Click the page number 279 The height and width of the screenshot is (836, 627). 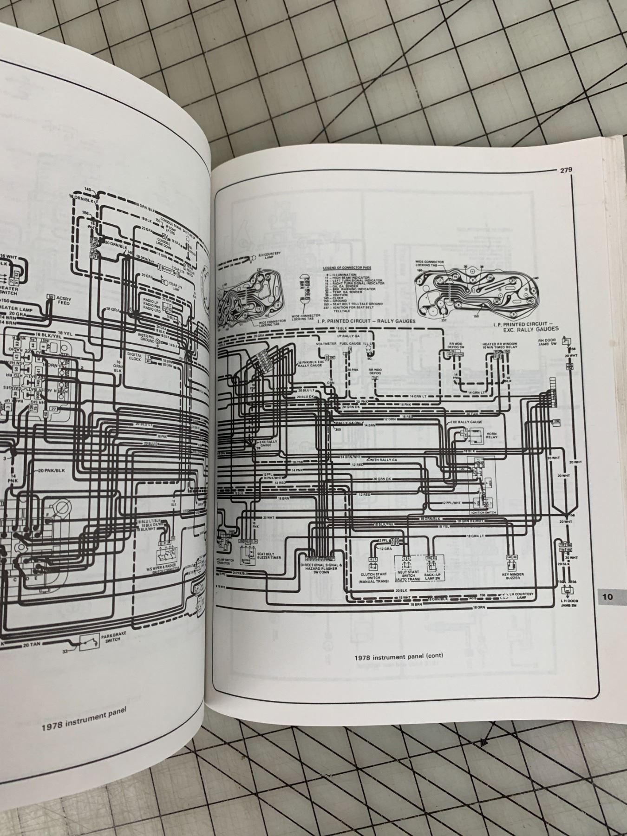click(x=565, y=170)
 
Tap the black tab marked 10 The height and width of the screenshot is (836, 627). click(x=608, y=597)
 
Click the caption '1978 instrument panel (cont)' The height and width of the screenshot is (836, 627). click(x=398, y=656)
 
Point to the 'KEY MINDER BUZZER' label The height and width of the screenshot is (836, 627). click(x=513, y=577)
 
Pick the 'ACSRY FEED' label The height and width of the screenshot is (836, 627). click(x=64, y=300)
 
